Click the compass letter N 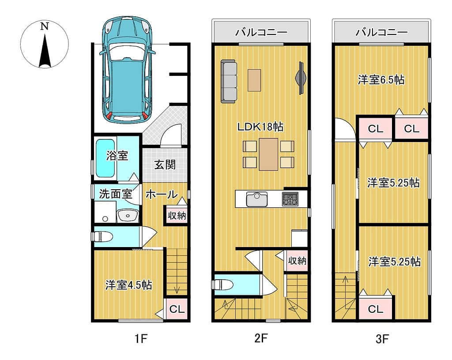44,26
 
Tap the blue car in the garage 128,70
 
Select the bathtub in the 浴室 105,158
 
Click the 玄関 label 165,165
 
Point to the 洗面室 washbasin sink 128,215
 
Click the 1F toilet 102,236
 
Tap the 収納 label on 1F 177,215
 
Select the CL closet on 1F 177,309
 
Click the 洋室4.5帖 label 128,285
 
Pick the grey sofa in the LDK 229,81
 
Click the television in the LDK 301,78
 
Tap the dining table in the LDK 268,154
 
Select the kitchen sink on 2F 256,199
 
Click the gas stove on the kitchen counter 290,199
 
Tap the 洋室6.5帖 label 381,80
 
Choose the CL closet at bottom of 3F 375,309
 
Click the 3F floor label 383,339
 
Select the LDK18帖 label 260,127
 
